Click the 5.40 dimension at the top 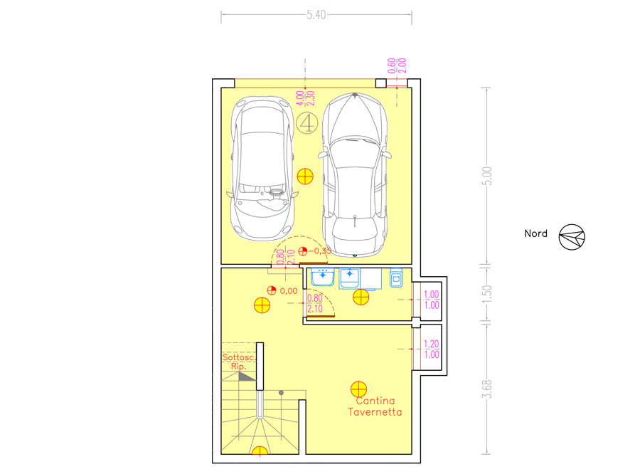click(x=316, y=15)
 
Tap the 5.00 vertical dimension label click(x=487, y=176)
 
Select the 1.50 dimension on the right click(x=487, y=294)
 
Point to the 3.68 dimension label click(x=487, y=389)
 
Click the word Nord click(x=535, y=233)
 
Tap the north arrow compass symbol click(x=572, y=237)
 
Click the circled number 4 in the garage click(x=306, y=122)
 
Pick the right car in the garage click(x=355, y=175)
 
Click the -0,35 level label click(x=320, y=251)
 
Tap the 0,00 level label click(x=289, y=291)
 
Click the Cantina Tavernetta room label click(x=375, y=406)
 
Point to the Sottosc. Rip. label click(x=239, y=362)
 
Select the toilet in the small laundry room click(x=396, y=278)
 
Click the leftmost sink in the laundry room click(x=323, y=277)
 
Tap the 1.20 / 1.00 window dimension click(x=432, y=349)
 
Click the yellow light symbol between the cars click(x=305, y=177)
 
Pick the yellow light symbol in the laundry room click(x=361, y=297)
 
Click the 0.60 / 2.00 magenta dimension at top click(x=397, y=65)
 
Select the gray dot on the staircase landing click(x=281, y=393)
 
